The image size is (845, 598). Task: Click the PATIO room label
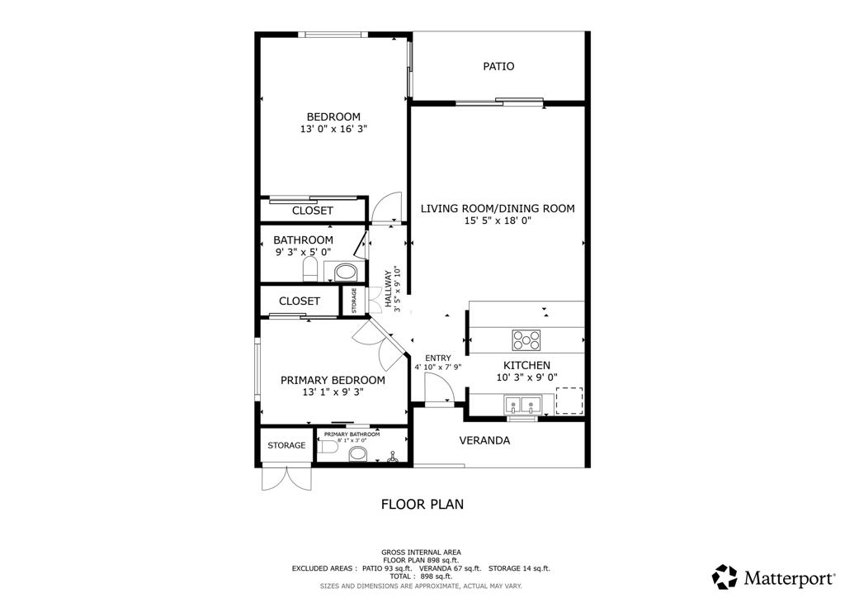pos(498,66)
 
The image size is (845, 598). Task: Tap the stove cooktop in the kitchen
pos(526,339)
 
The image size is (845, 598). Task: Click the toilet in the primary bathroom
pos(328,447)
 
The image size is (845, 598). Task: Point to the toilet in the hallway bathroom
pos(310,268)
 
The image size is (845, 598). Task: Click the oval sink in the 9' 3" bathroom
pos(346,271)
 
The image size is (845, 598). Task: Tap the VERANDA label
pos(484,440)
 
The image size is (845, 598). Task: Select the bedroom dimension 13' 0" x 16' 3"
pos(333,130)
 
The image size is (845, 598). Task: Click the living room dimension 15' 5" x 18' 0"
pos(498,221)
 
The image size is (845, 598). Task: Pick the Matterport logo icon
pos(725,576)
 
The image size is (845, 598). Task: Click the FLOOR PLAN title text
pos(422,503)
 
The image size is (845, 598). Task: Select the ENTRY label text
pos(437,358)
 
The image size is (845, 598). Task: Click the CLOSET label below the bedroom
pos(313,211)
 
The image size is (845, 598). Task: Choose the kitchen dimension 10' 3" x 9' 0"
pos(526,377)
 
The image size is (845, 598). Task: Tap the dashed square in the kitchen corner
pos(569,401)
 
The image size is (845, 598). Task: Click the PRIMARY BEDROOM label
pos(333,380)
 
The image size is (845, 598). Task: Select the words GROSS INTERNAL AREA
pos(421,553)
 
